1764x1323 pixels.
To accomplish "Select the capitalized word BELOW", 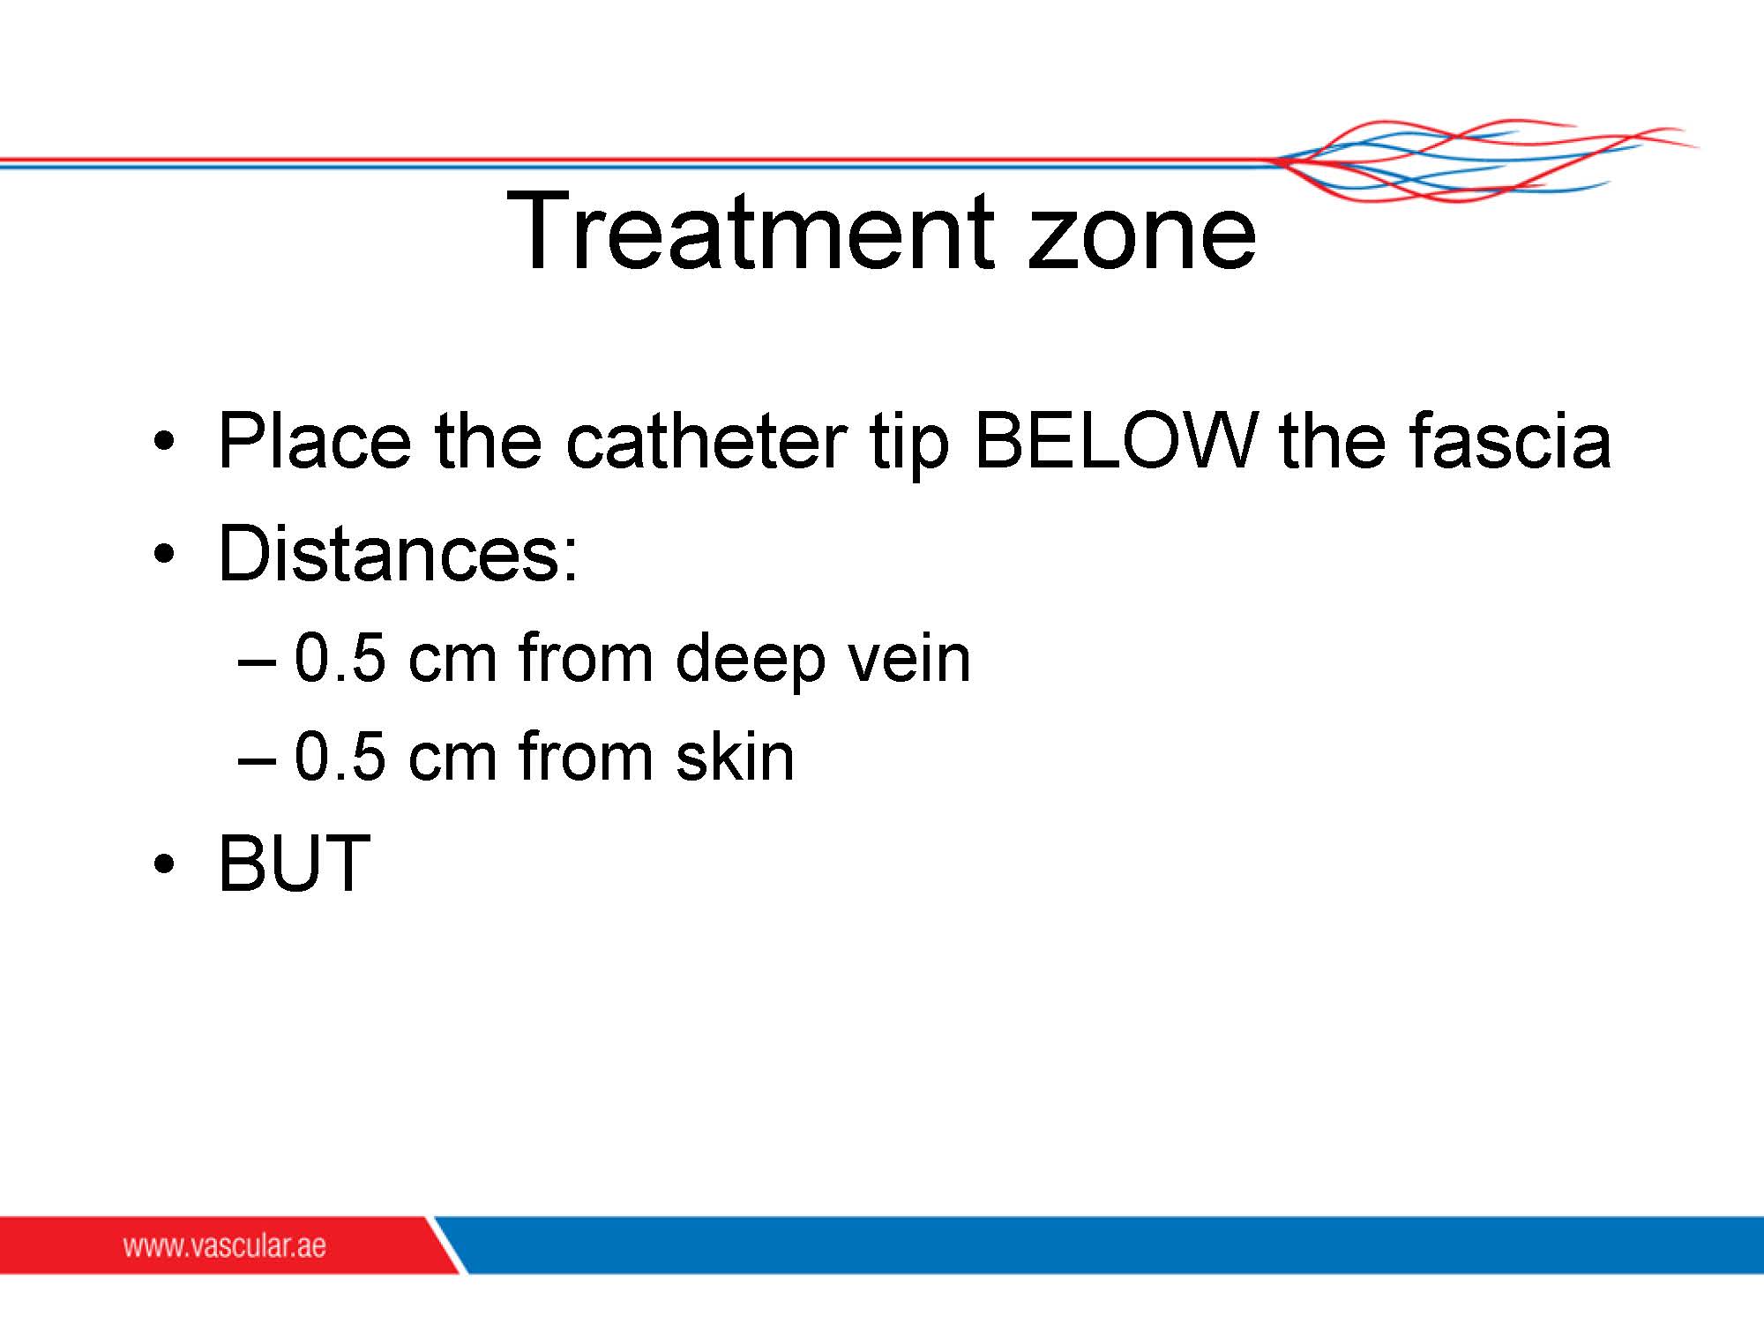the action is [1115, 440].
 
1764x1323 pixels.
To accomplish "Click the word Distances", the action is [398, 553].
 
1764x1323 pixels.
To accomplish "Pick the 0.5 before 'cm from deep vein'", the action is [340, 658].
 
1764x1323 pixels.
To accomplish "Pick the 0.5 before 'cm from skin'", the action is [340, 757].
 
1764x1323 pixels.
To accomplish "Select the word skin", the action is [735, 755].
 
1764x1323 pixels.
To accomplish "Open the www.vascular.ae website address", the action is [224, 1245].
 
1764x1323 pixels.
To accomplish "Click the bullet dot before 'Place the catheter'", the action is [162, 440].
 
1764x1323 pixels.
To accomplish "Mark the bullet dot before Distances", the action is [162, 554].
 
